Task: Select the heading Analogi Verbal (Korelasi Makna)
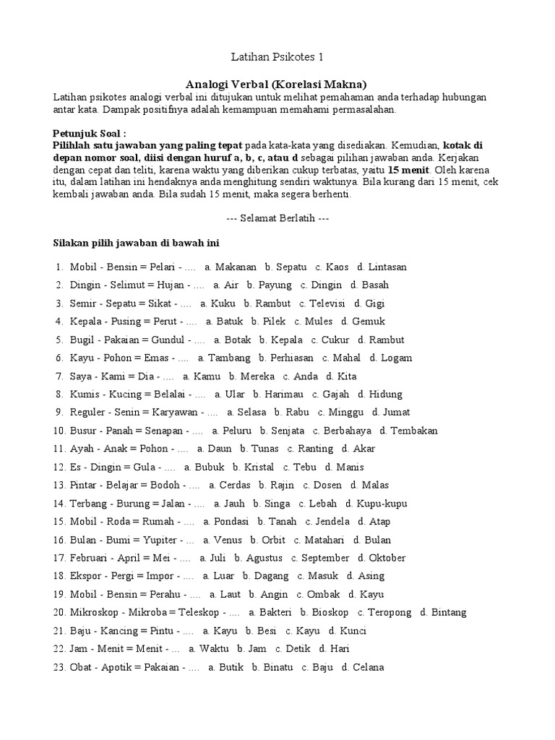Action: click(x=277, y=83)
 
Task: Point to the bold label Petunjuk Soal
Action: click(x=90, y=134)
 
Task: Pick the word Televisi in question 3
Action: click(x=327, y=304)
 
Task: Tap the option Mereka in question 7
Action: click(x=257, y=376)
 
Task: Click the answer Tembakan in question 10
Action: click(x=414, y=431)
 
